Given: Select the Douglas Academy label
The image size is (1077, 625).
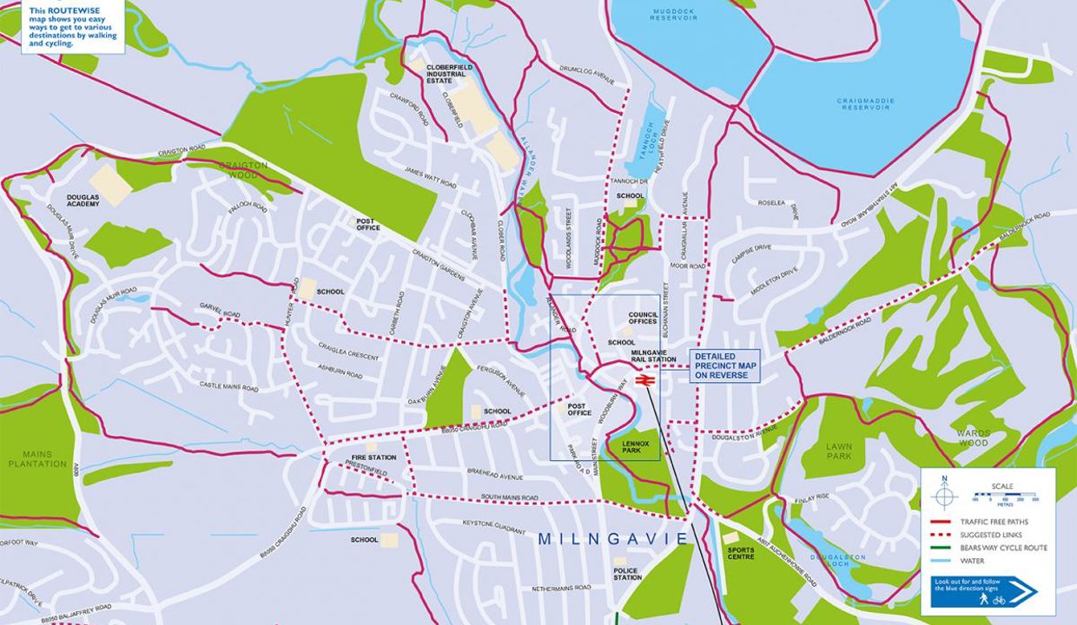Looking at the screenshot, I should click(x=83, y=201).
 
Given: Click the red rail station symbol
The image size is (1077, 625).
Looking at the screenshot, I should click(x=644, y=379).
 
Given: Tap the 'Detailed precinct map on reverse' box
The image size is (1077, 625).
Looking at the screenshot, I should click(x=725, y=365).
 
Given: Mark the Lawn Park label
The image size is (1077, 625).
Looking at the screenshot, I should click(x=839, y=451).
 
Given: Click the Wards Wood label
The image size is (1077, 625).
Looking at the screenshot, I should click(x=973, y=437).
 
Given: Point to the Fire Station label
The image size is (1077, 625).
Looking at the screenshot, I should click(x=374, y=457).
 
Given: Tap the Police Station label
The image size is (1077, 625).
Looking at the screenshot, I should click(x=627, y=573).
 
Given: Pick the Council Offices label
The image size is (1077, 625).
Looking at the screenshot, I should click(x=643, y=318).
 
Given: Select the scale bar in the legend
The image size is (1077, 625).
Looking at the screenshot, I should click(x=1006, y=499).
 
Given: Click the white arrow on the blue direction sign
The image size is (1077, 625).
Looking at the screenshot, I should click(x=1023, y=592).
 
